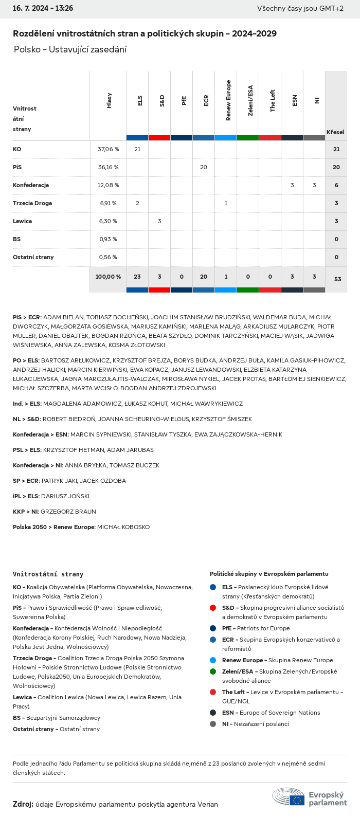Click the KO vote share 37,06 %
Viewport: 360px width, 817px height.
[108, 149]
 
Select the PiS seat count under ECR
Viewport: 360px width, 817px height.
[204, 167]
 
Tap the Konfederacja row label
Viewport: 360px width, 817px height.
[31, 185]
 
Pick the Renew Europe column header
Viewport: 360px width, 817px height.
[228, 101]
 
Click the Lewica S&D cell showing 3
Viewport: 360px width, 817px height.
[159, 221]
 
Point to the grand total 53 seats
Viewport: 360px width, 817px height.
[337, 279]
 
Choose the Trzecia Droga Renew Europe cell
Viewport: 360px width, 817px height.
[226, 203]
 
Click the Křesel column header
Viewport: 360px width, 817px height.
[335, 132]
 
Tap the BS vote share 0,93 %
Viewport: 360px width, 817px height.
[108, 239]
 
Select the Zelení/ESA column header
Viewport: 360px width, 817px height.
[250, 101]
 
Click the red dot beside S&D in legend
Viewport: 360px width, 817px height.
[213, 608]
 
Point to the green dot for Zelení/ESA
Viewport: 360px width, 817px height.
[213, 671]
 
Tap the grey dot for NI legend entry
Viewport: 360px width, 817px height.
[213, 724]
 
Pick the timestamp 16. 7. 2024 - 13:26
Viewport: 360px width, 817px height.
[43, 8]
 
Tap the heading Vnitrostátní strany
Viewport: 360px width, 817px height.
[48, 574]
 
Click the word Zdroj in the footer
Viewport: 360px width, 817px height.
[23, 804]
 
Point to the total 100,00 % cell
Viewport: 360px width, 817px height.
[108, 277]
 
